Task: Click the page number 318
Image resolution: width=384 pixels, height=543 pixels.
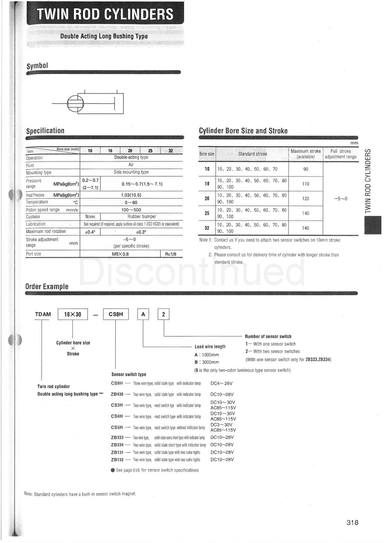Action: (x=352, y=523)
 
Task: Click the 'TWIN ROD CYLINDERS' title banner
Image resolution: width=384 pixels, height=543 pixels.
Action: (x=105, y=14)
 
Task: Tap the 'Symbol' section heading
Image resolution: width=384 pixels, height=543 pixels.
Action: (x=37, y=66)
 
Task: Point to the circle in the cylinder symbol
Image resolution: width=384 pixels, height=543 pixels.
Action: (x=76, y=103)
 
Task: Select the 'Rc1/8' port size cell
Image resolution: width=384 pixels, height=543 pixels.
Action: (x=171, y=254)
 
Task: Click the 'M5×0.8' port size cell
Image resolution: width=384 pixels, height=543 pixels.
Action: (x=120, y=254)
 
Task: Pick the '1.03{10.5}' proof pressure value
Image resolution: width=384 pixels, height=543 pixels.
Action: (x=131, y=195)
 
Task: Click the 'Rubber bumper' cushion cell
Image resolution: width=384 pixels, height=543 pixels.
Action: (x=142, y=217)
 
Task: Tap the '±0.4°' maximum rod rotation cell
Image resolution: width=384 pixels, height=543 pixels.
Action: (x=90, y=232)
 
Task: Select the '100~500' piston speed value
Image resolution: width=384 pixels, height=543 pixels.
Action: (x=131, y=210)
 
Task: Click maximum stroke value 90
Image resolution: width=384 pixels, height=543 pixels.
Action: (x=306, y=169)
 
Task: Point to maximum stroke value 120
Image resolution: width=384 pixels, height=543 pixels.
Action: (x=306, y=199)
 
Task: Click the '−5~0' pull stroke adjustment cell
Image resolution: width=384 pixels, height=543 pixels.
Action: (x=341, y=199)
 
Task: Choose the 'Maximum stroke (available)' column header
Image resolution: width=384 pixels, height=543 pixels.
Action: (x=306, y=154)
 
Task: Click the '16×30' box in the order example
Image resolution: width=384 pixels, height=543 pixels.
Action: (x=73, y=314)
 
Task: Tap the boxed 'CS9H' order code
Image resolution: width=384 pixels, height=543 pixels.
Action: (x=116, y=314)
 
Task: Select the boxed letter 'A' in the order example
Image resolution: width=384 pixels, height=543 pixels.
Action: (x=143, y=314)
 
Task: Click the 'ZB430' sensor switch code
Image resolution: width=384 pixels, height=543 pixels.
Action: (x=117, y=394)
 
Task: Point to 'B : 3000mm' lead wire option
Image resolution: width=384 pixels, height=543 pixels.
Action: (x=207, y=362)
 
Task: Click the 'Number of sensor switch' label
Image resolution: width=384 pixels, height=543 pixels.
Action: (x=268, y=336)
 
